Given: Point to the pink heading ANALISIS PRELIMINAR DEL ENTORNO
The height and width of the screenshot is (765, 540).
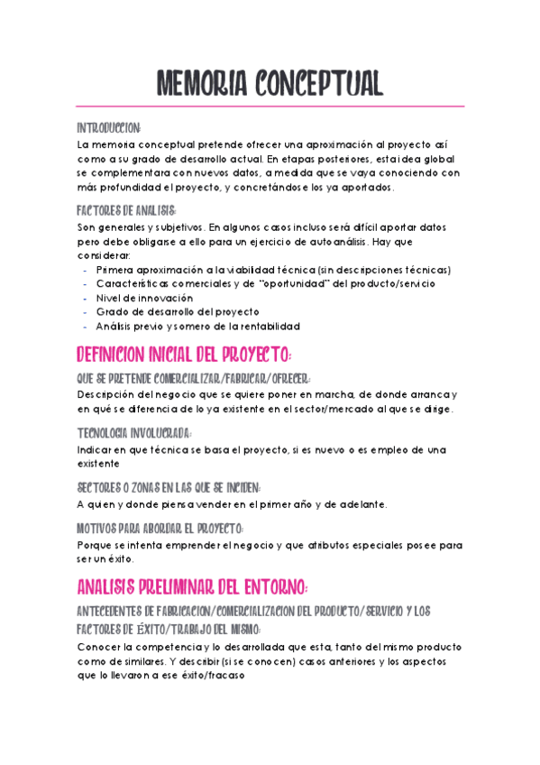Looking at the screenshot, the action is pos(192,588).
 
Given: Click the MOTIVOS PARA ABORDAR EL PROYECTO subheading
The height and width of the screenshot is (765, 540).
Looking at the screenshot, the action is pos(160,529).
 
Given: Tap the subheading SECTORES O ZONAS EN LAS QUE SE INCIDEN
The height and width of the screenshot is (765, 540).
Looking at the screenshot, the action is pos(169,487).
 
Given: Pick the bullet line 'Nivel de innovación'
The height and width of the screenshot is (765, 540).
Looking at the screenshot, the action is pos(144,298).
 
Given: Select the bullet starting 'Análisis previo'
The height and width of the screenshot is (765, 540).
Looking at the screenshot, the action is pos(197,327).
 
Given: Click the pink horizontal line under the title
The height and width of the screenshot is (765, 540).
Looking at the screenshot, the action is pos(270,106).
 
